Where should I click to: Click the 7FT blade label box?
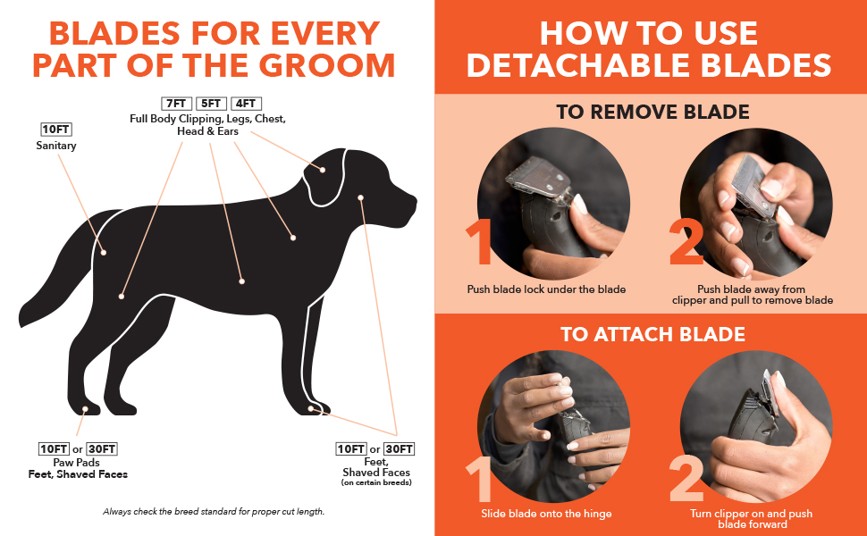176,104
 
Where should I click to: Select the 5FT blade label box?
211,104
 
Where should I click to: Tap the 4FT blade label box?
246,104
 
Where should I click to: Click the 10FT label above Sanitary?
56,130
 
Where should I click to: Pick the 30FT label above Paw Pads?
102,448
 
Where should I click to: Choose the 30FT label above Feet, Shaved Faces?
400,448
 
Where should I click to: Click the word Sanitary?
56,146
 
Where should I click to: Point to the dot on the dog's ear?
323,170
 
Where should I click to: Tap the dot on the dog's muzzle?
360,197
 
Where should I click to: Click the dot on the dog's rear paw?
85,409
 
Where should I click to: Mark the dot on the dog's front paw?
311,408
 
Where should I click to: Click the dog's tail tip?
22,320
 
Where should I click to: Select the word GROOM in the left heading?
327,65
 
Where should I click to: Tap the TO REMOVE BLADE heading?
653,112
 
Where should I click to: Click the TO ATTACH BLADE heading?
653,334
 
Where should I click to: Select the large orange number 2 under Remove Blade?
686,243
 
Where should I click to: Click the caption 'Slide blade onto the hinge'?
546,514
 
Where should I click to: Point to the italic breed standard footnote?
214,512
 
